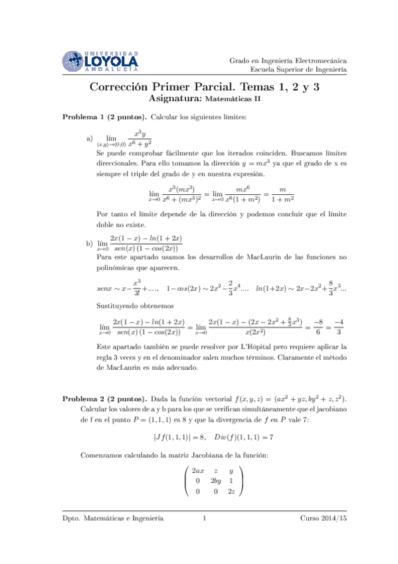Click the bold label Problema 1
pos(84,117)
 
